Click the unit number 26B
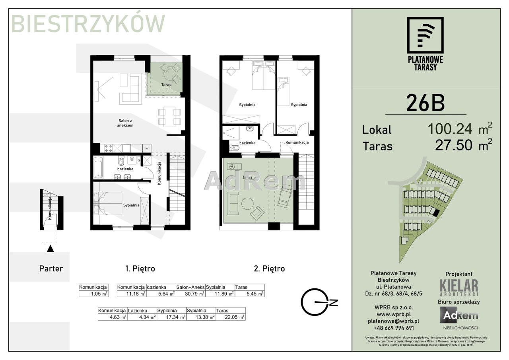[425, 103]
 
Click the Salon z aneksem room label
[125, 123]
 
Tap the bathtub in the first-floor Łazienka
[98, 167]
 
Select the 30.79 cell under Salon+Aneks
[191, 294]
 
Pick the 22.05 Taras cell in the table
[231, 317]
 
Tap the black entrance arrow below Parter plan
[50, 249]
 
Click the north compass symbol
[319, 302]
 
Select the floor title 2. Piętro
[269, 269]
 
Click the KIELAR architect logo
[459, 288]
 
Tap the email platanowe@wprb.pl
[394, 321]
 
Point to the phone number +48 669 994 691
[394, 328]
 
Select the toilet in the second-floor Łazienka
[234, 148]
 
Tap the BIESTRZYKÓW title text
[88, 23]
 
